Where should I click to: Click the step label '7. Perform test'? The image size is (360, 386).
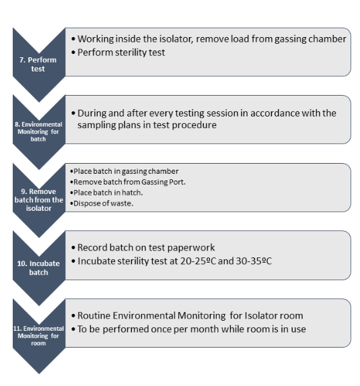38,64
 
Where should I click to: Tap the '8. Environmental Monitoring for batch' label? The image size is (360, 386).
38,132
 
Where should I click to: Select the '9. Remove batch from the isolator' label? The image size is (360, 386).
38,200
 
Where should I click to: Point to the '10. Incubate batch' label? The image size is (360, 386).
38,268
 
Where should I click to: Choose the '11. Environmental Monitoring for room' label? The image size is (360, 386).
38,335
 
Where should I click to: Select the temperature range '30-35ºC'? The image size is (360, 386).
254,261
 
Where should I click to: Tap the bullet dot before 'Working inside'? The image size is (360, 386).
73,39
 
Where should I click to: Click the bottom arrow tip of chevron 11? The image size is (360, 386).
39,374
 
